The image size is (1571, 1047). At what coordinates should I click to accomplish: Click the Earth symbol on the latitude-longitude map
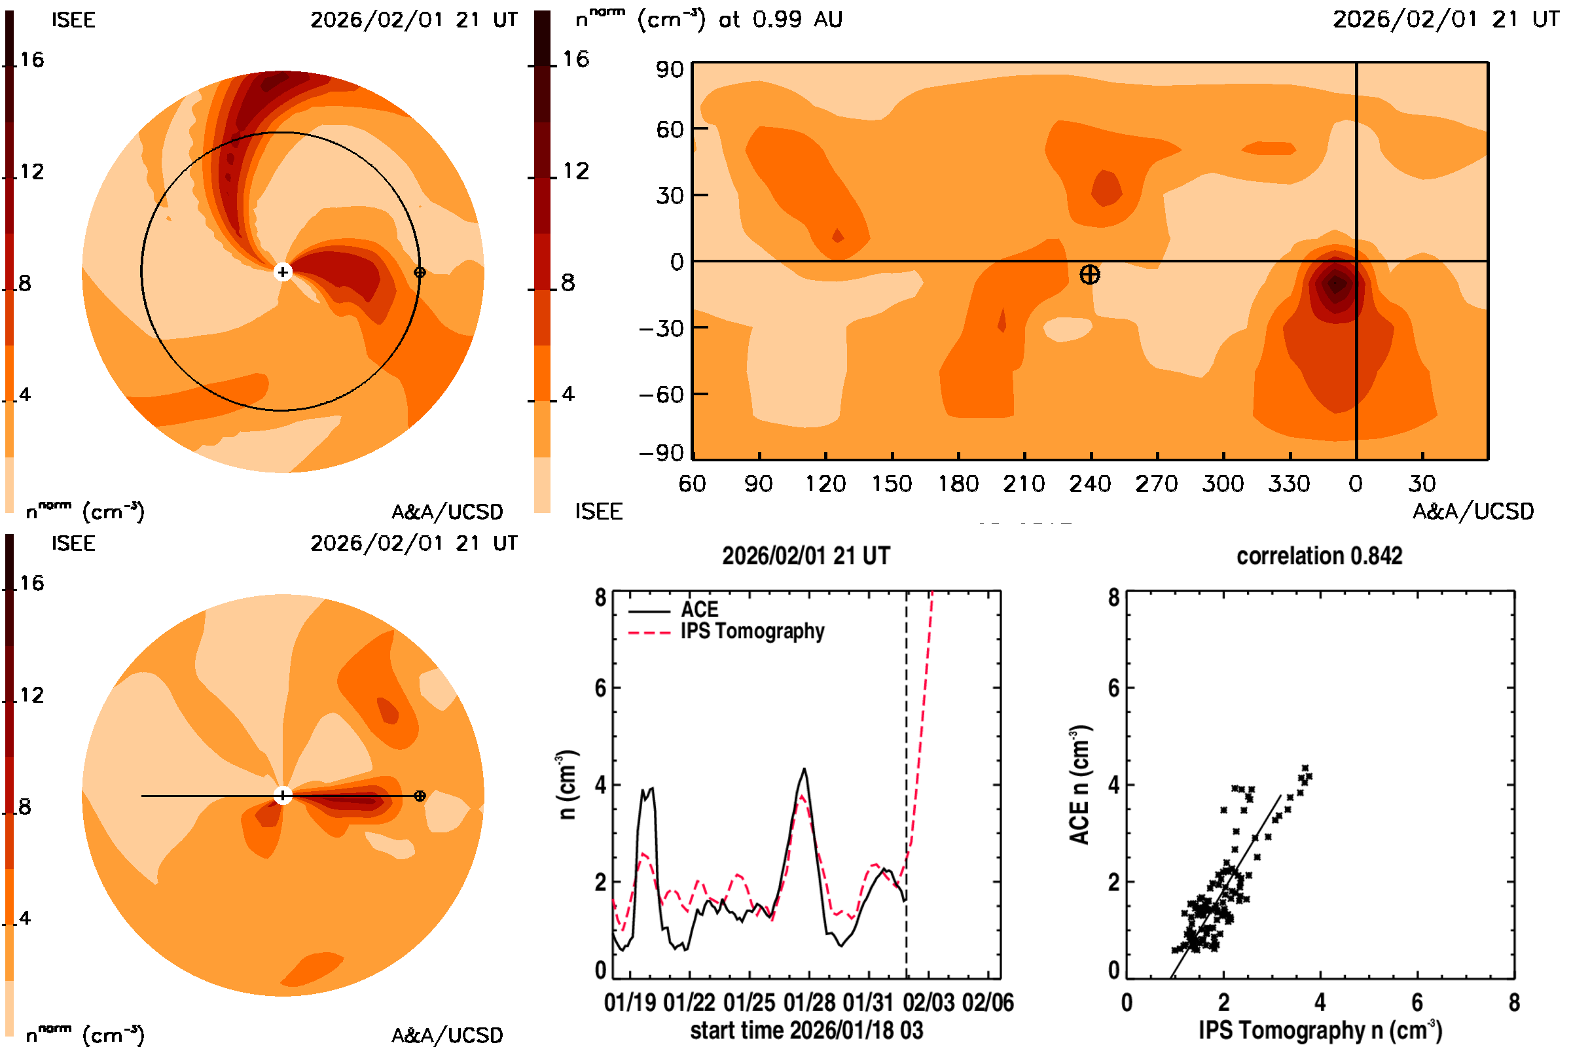(1089, 274)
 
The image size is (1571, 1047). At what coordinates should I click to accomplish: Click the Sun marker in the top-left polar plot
(283, 272)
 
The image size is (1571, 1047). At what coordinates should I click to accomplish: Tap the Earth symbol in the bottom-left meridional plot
(420, 796)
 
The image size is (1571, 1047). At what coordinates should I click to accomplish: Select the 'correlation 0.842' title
(1319, 556)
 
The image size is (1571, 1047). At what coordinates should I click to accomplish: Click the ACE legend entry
(698, 610)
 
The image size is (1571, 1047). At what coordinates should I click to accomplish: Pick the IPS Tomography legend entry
(752, 631)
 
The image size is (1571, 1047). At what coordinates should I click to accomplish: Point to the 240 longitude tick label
(1089, 484)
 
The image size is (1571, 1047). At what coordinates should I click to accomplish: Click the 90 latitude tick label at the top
(669, 69)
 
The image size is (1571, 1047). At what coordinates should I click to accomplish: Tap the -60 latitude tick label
(661, 395)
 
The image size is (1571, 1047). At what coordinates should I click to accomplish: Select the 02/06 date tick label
(988, 1003)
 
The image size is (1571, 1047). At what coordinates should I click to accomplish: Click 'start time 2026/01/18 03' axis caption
(806, 1030)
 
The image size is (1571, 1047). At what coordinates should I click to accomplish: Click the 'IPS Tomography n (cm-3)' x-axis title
(1320, 1030)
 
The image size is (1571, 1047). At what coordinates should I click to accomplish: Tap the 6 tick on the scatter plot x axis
(1417, 1003)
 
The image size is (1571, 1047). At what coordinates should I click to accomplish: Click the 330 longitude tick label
(1289, 484)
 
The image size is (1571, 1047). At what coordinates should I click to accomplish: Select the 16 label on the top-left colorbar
(32, 60)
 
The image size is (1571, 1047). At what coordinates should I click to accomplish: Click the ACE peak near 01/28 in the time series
(804, 770)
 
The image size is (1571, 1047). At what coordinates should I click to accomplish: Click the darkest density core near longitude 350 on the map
(1336, 284)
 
